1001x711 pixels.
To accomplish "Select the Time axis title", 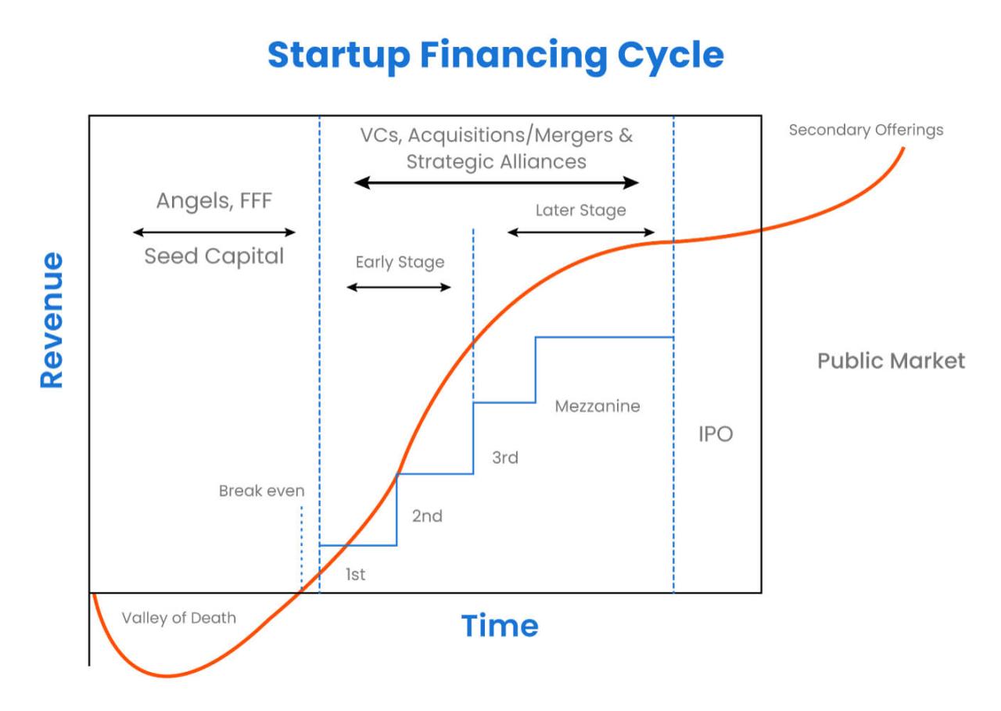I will pyautogui.click(x=499, y=626).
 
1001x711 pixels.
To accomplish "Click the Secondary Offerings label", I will pyautogui.click(x=866, y=130).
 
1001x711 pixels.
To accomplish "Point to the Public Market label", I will pyautogui.click(x=891, y=361).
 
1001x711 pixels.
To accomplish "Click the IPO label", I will pyautogui.click(x=715, y=434).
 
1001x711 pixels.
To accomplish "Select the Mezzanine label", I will pyautogui.click(x=597, y=407).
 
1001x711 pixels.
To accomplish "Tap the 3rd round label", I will pyautogui.click(x=504, y=458).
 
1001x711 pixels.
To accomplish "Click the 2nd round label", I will pyautogui.click(x=427, y=516).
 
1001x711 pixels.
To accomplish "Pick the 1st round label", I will pyautogui.click(x=355, y=575).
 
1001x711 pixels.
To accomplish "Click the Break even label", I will pyautogui.click(x=261, y=491).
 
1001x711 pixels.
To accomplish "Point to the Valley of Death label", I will pyautogui.click(x=178, y=618).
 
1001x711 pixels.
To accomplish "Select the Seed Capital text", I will pyautogui.click(x=213, y=257).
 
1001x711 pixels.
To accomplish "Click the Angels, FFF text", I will pyautogui.click(x=213, y=201).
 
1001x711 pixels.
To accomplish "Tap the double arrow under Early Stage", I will pyautogui.click(x=399, y=287).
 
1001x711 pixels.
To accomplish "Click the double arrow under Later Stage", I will pyautogui.click(x=580, y=232).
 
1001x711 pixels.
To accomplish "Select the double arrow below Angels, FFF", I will pyautogui.click(x=213, y=232).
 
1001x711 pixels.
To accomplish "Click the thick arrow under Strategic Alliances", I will pyautogui.click(x=497, y=183).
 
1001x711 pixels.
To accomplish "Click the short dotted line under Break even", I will pyautogui.click(x=301, y=548).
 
